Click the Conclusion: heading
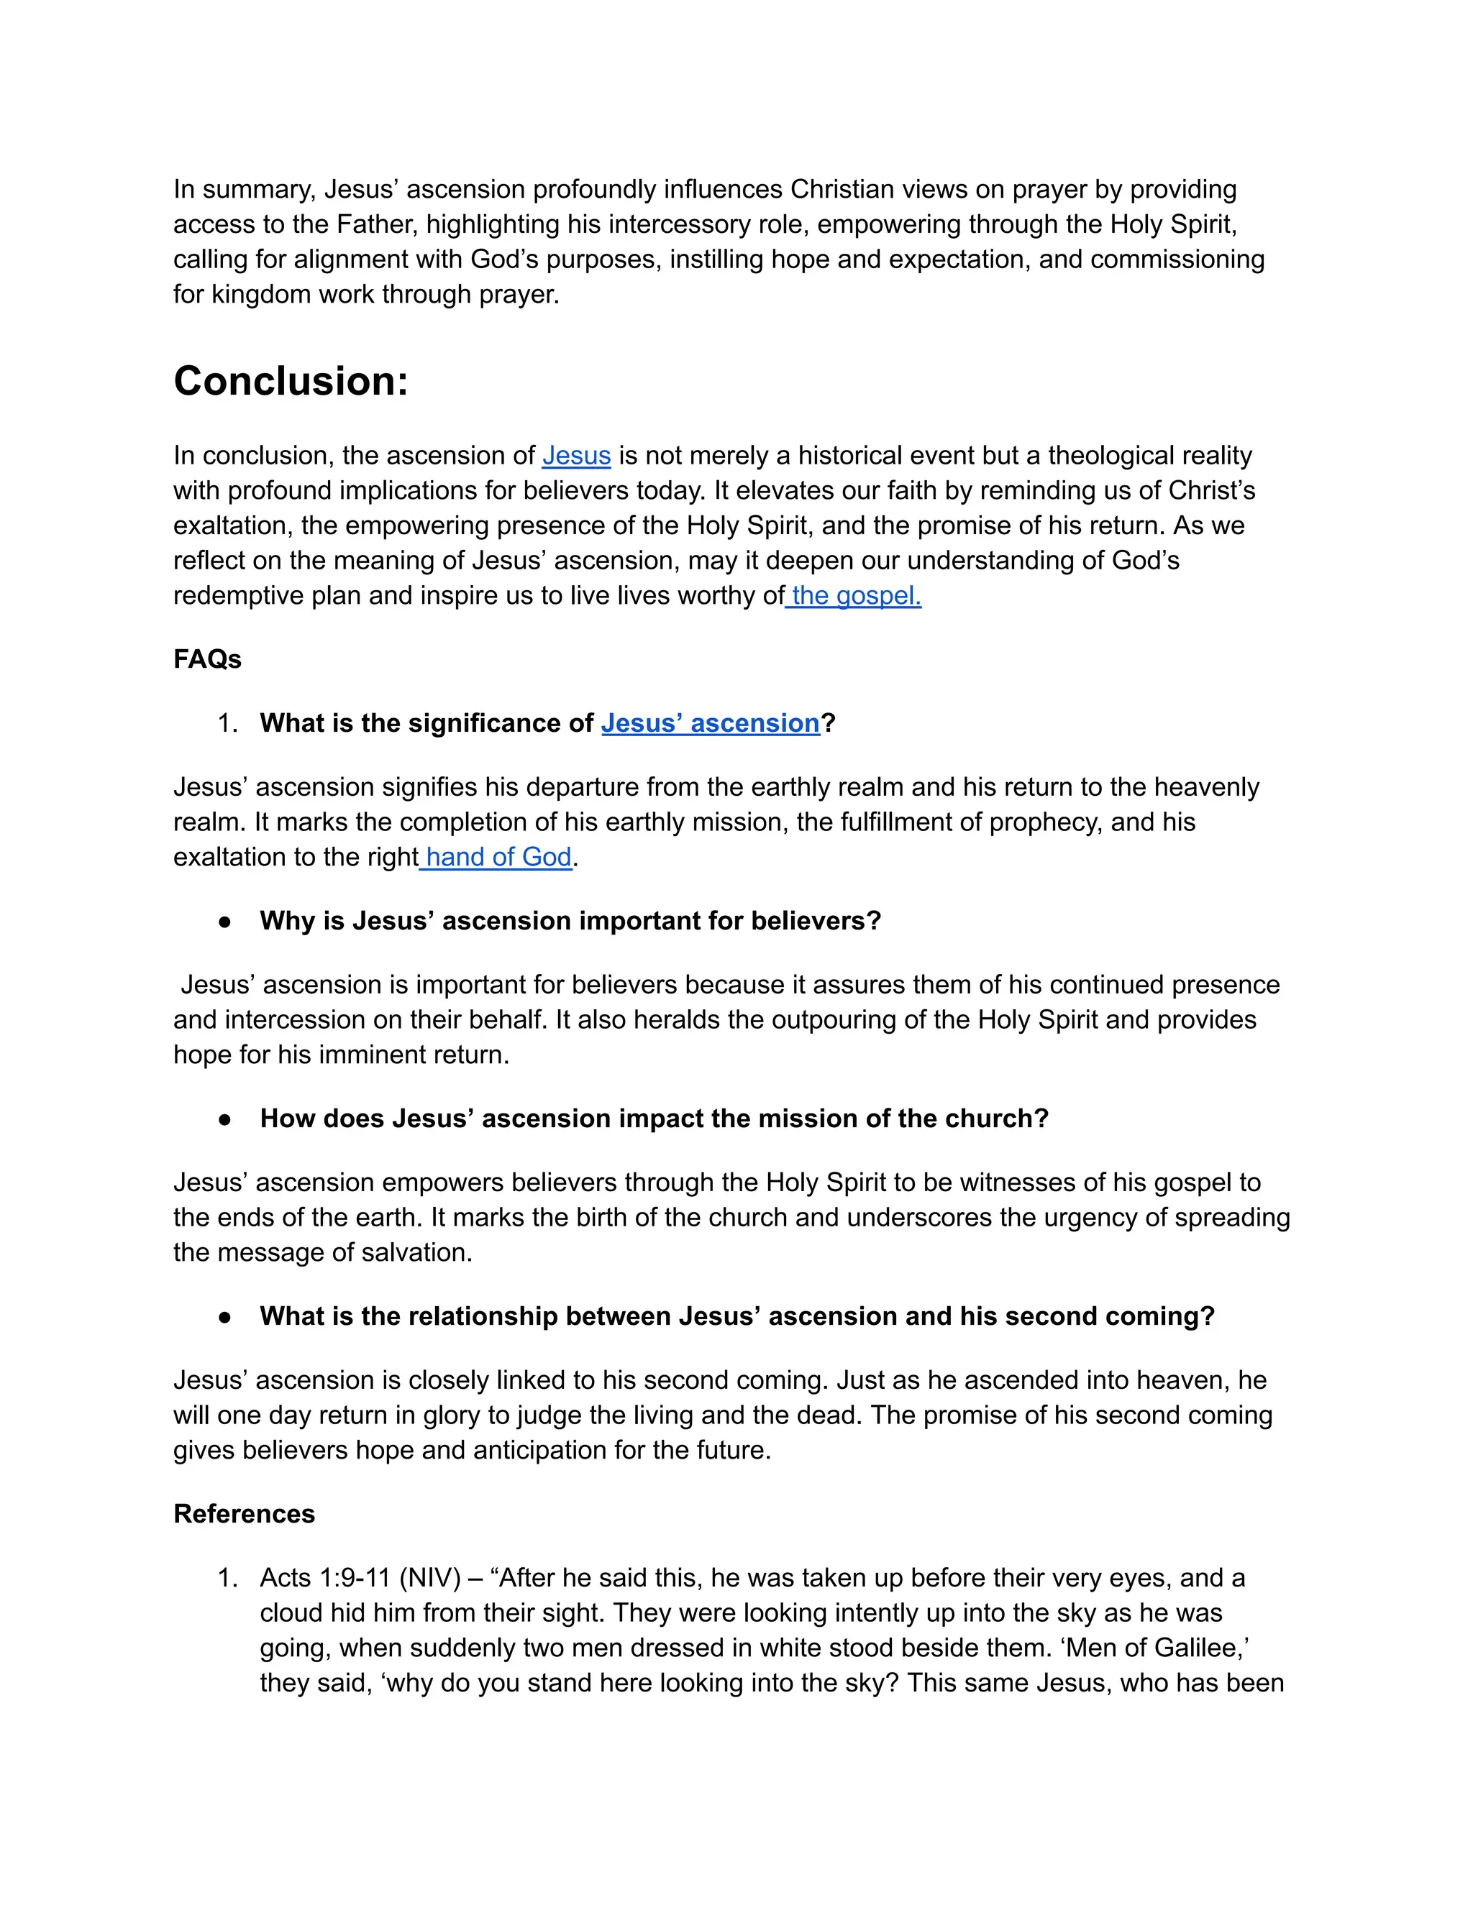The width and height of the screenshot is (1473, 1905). (291, 381)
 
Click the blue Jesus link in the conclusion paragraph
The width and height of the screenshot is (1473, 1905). (576, 455)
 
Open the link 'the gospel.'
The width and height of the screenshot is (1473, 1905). (855, 596)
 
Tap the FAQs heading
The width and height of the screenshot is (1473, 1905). (207, 658)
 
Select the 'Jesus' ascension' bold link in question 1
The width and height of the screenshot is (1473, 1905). (711, 723)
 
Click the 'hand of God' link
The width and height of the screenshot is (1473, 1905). (498, 858)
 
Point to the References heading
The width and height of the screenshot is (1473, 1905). (245, 1513)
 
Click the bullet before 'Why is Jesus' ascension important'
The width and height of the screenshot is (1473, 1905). (225, 922)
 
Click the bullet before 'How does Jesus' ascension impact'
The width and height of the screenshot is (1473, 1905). (225, 1119)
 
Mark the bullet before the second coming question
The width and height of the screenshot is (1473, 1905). (225, 1317)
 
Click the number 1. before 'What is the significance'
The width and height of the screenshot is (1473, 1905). (228, 723)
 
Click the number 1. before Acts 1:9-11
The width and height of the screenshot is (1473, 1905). (228, 1578)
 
